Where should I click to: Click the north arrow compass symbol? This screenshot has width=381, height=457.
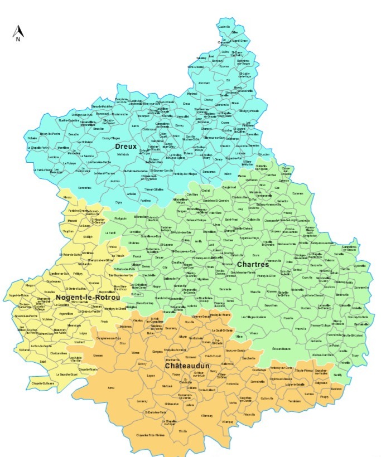coord(17,34)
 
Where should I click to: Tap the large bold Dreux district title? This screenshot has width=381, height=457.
coord(126,146)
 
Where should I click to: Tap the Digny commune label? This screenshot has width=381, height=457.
coord(118,202)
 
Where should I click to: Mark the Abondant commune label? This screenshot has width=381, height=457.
coord(204,83)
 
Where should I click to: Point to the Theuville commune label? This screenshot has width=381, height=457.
coord(255,292)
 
